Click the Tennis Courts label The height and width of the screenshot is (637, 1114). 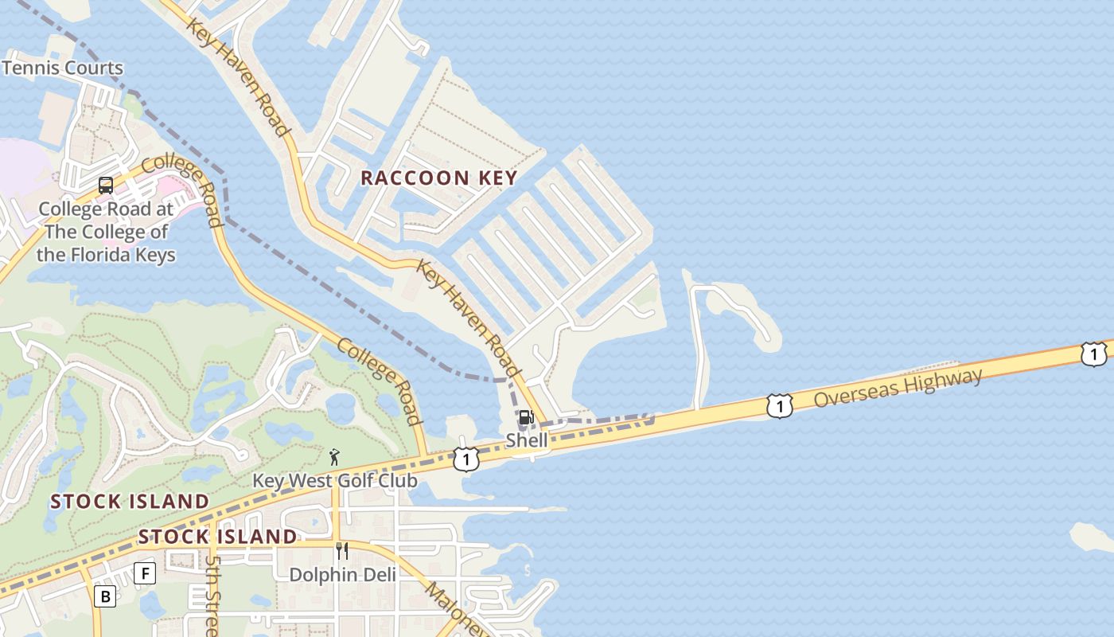(63, 68)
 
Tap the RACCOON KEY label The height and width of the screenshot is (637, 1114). (439, 178)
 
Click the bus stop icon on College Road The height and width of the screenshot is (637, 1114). (106, 186)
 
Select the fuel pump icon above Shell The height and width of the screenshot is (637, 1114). (526, 418)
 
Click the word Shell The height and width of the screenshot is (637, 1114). (527, 440)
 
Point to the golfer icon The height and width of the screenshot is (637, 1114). (334, 457)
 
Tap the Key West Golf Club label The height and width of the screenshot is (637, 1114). (335, 481)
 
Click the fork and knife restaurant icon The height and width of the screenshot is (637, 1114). (342, 551)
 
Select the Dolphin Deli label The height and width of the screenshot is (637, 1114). (342, 574)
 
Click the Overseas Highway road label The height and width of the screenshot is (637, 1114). (898, 387)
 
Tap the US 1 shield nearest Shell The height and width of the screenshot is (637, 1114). (466, 459)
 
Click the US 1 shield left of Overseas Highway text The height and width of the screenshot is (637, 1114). (780, 406)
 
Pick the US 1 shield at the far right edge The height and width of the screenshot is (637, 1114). (1093, 354)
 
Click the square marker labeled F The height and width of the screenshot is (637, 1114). (144, 573)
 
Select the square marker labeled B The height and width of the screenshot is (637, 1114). (104, 596)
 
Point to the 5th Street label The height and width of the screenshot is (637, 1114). (212, 593)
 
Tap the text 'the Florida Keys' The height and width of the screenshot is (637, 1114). (106, 255)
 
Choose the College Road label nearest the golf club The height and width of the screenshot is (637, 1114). (379, 381)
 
